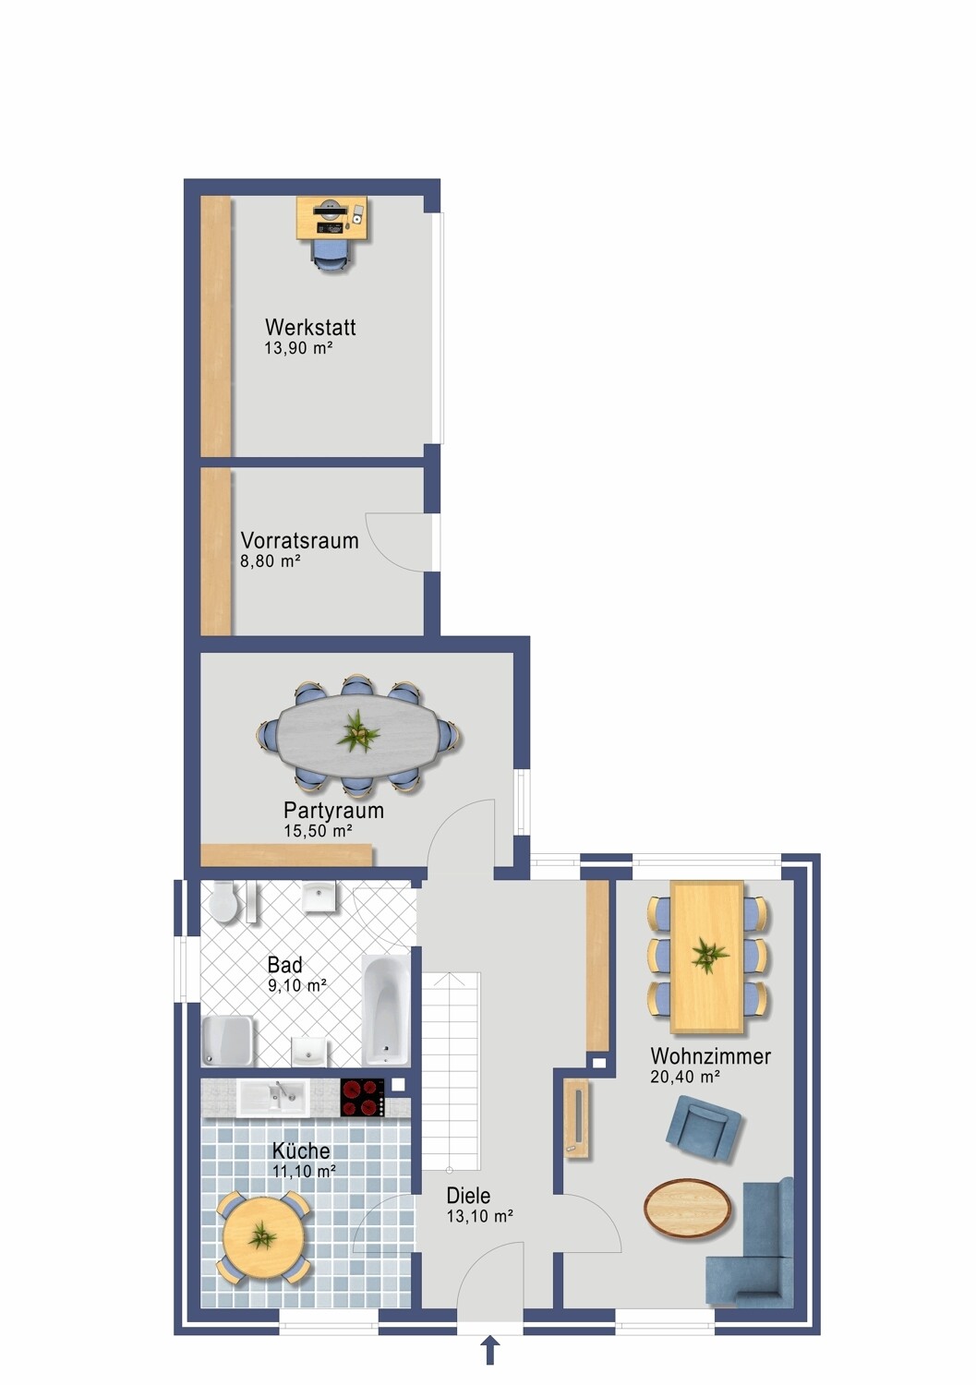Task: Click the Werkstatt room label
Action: [x=310, y=327]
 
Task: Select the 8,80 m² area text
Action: [x=270, y=561]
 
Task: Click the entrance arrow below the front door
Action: [x=490, y=1349]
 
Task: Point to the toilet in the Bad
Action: [x=223, y=901]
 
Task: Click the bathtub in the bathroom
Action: [x=386, y=1009]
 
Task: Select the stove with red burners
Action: [x=363, y=1098]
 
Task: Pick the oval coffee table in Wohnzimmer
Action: [x=688, y=1208]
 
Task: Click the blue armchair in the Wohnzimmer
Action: [x=704, y=1126]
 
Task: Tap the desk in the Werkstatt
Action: [x=331, y=218]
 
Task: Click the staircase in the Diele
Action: [x=451, y=1071]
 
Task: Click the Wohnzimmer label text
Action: [x=710, y=1056]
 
